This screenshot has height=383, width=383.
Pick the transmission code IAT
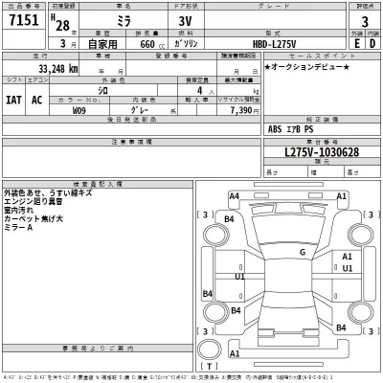14,99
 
